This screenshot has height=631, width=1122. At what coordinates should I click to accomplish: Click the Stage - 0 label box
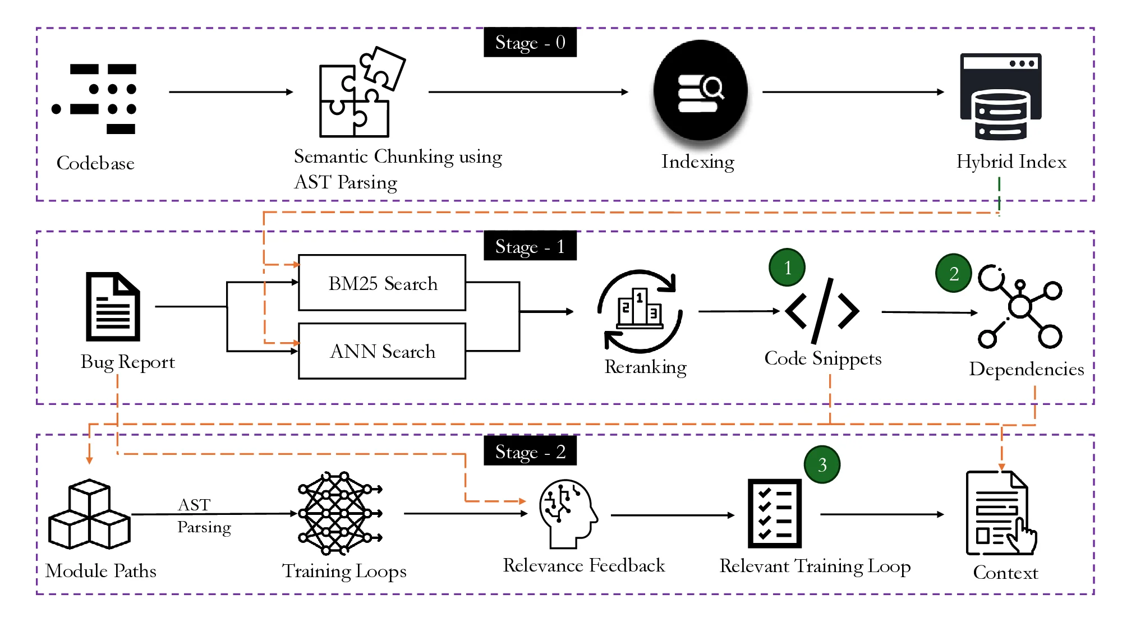(x=530, y=42)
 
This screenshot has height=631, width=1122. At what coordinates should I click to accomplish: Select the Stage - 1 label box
(x=530, y=246)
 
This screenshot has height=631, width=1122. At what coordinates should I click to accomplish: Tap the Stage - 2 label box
(x=530, y=451)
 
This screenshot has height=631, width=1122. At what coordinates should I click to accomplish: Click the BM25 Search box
(x=382, y=283)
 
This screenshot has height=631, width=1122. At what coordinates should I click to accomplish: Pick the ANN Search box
(x=382, y=351)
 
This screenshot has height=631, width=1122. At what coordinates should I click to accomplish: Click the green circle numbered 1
(x=787, y=268)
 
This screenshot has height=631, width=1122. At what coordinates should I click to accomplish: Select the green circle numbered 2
(x=954, y=273)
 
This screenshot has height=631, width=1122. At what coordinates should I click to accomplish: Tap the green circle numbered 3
(x=822, y=464)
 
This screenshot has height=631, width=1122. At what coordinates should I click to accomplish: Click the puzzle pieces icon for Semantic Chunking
(x=359, y=93)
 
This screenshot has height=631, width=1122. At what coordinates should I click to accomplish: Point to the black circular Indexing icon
(x=700, y=90)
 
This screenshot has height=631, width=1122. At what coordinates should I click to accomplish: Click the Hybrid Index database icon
(x=1001, y=96)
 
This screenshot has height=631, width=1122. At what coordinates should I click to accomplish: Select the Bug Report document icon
(x=113, y=307)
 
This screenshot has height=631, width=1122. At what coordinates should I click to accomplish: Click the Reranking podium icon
(x=640, y=311)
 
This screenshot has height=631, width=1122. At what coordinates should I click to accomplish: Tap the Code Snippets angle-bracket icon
(x=822, y=311)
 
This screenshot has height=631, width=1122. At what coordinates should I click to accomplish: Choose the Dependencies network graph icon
(x=1020, y=306)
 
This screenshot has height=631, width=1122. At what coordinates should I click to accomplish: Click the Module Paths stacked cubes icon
(x=90, y=515)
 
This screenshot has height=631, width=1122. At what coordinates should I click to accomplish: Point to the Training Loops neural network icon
(x=339, y=513)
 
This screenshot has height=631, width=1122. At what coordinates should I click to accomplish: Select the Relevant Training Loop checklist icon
(x=775, y=513)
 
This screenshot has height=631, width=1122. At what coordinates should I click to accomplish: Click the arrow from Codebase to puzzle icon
(x=231, y=92)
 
